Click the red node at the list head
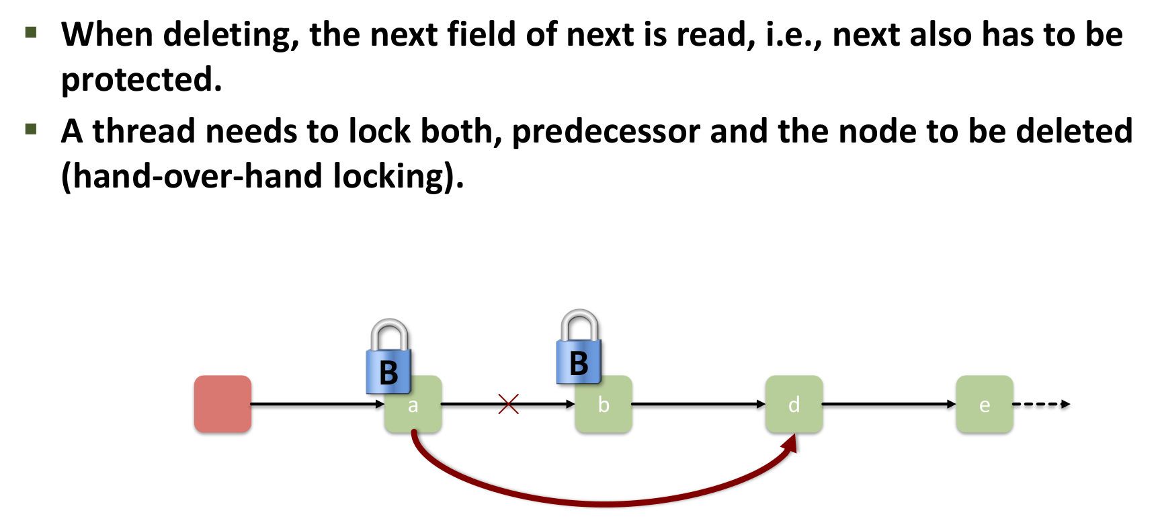point(222,404)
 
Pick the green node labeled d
point(794,404)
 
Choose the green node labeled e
point(984,404)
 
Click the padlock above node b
point(579,348)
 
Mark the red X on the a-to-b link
point(509,404)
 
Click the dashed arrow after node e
point(1041,404)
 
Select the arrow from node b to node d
point(698,404)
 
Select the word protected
point(141,80)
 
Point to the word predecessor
point(606,131)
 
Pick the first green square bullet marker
point(31,32)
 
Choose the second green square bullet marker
point(31,128)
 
